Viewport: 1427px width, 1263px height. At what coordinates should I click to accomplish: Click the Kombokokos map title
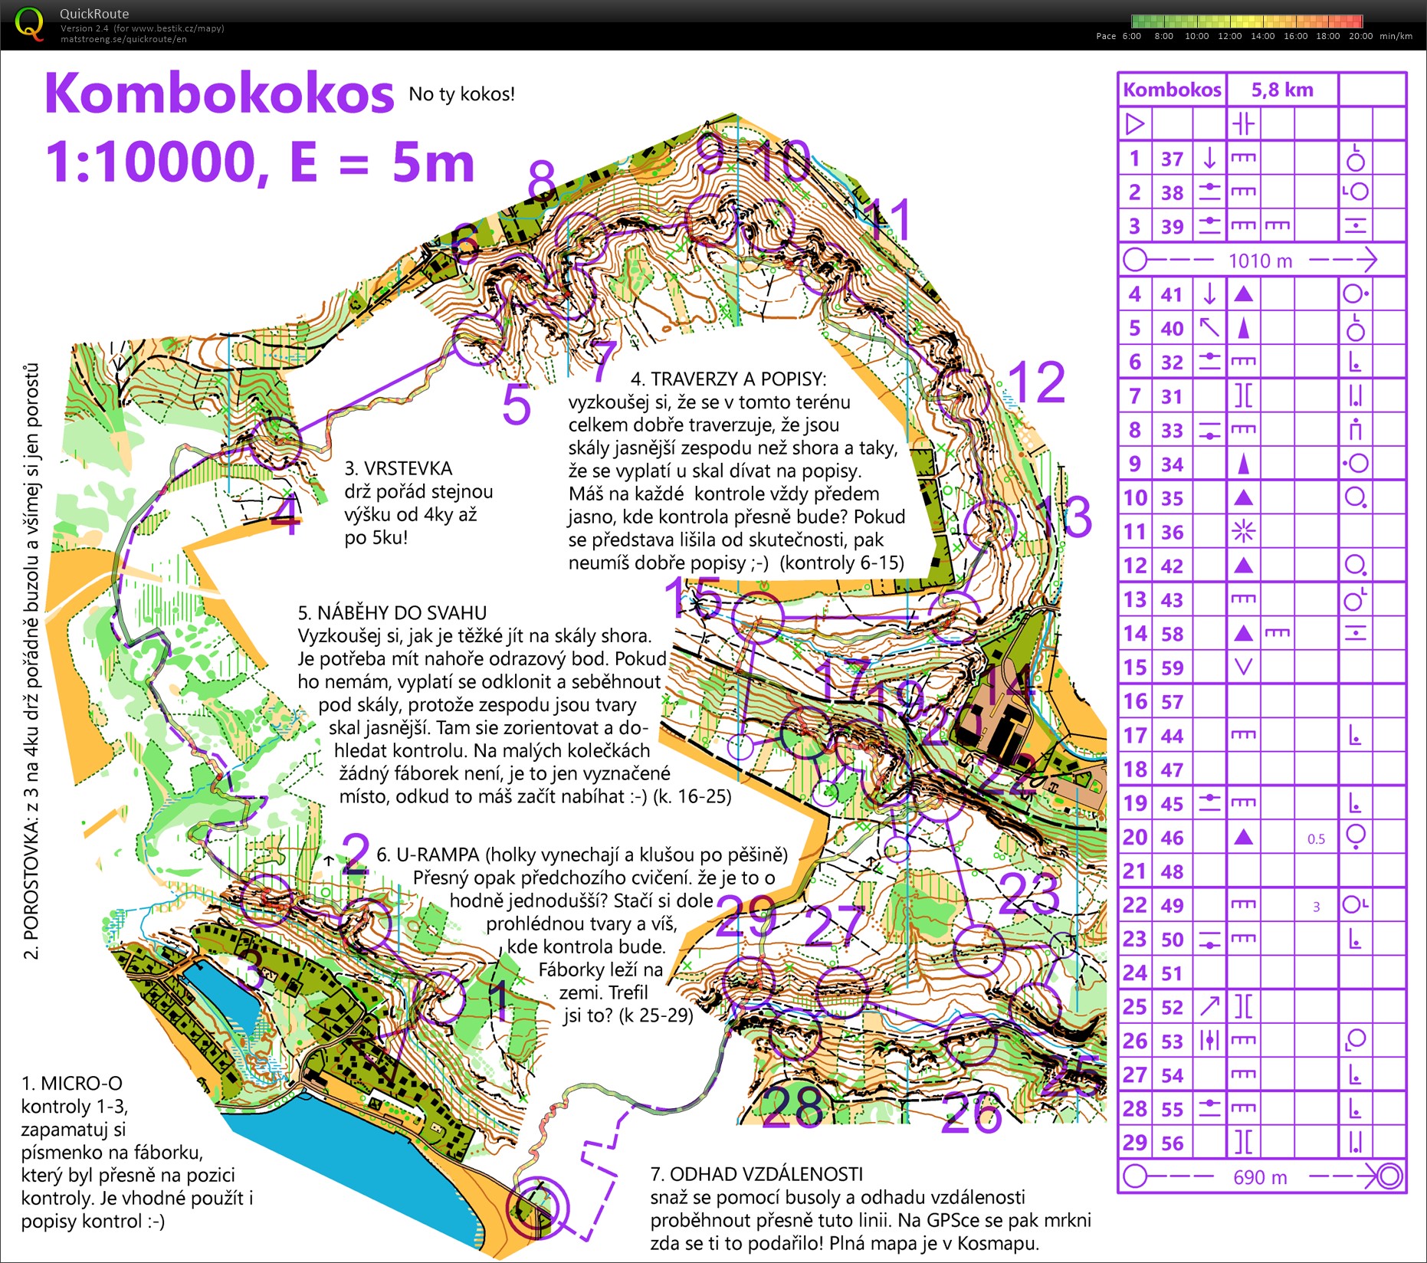tap(219, 93)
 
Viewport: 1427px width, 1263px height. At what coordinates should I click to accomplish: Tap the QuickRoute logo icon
tap(29, 23)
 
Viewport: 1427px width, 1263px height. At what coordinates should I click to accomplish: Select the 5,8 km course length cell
tap(1282, 90)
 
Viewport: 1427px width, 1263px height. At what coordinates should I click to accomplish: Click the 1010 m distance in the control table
tap(1260, 261)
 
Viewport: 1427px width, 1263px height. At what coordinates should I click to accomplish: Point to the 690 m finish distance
tap(1260, 1176)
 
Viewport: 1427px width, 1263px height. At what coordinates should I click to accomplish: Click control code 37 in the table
tap(1172, 159)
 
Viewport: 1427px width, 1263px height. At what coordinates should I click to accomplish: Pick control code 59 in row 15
tap(1172, 668)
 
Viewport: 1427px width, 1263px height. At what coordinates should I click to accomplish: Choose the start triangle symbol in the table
tap(1135, 123)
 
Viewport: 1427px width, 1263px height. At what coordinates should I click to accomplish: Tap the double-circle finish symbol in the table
tap(1389, 1176)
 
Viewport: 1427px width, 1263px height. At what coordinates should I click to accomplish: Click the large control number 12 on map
tap(1036, 382)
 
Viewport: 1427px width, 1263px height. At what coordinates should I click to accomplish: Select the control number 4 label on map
tap(285, 519)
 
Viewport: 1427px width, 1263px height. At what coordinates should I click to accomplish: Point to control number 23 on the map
tap(1029, 893)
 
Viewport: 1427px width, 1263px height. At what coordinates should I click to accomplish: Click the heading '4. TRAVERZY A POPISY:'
tap(727, 379)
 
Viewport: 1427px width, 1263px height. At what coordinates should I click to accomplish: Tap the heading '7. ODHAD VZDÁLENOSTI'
tap(756, 1174)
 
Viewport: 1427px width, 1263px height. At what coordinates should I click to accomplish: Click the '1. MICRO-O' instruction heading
tap(71, 1083)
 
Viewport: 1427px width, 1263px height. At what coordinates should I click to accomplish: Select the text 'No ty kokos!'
tap(461, 94)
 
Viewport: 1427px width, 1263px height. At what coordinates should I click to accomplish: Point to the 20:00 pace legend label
tap(1360, 36)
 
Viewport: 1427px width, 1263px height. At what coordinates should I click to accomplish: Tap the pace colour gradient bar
tap(1246, 21)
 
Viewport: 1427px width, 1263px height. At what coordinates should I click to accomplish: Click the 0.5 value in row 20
tap(1316, 838)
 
